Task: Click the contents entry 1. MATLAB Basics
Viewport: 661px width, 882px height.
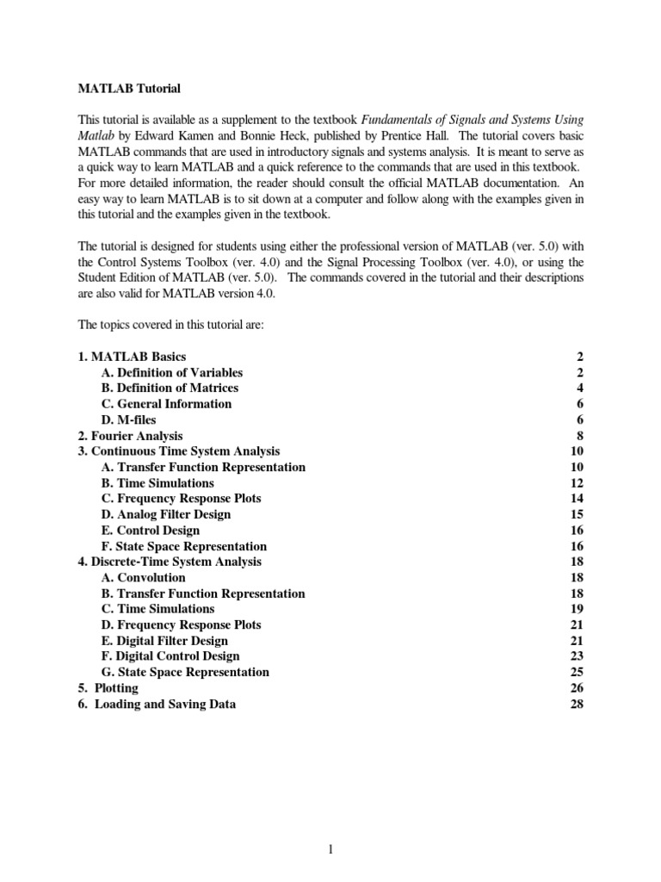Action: [132, 357]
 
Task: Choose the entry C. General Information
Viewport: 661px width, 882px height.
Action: [166, 404]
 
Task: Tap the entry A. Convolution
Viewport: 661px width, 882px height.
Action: [143, 578]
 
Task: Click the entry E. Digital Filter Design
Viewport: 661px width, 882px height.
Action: [164, 641]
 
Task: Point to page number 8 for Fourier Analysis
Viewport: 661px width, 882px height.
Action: [581, 436]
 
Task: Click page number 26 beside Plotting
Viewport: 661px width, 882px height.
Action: [578, 688]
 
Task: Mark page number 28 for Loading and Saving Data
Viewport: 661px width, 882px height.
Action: [578, 704]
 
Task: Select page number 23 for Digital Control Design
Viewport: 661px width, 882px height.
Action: [578, 656]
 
